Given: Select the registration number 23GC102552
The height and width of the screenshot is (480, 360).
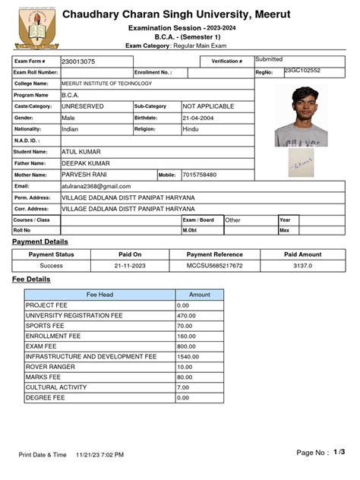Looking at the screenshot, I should pos(302,71).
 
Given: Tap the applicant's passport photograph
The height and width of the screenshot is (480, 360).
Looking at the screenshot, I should pos(302,115).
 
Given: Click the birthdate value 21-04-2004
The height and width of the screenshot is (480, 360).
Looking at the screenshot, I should pos(201,118).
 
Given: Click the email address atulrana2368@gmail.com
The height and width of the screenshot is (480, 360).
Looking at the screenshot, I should pos(96,186).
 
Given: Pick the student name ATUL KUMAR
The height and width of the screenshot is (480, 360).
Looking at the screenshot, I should pos(81,152).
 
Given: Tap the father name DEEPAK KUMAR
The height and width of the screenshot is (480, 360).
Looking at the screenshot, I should pos(85,163).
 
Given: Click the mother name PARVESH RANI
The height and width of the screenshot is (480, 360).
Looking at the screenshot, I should pos(84,175).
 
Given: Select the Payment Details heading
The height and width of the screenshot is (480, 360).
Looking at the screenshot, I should pos(39,242).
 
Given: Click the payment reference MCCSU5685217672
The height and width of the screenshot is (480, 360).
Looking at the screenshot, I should pos(215,266).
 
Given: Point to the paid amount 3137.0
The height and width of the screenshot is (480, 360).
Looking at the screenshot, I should pos(303,266).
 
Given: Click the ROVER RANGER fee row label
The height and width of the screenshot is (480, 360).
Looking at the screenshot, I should pos(51,366).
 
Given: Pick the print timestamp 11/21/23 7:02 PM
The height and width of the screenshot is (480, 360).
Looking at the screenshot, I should pos(99,454).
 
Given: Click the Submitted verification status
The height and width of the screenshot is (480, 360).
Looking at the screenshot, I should pos(269,59).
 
